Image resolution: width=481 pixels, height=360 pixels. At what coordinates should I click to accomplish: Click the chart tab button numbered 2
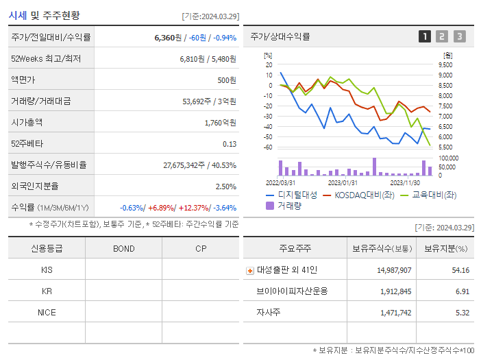click(x=442, y=36)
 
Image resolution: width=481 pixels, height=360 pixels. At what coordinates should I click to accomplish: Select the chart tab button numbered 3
click(x=459, y=36)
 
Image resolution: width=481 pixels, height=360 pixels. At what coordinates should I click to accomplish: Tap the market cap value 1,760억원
click(x=221, y=123)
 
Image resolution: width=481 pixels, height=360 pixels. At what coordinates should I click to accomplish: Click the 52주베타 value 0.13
click(x=230, y=144)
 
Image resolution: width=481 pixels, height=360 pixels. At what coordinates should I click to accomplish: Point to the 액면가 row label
click(x=24, y=80)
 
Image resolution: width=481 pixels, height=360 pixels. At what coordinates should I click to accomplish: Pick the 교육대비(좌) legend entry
click(x=429, y=195)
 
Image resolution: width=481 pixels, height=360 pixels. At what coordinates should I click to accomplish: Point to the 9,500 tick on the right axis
click(x=446, y=64)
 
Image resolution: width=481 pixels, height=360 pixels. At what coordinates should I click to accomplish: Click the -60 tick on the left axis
click(x=268, y=147)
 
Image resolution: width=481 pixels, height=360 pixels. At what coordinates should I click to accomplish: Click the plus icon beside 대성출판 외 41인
click(x=249, y=270)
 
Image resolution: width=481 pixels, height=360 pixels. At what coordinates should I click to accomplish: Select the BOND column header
click(x=124, y=248)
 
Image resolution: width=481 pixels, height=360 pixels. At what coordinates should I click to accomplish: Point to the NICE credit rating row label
click(x=47, y=312)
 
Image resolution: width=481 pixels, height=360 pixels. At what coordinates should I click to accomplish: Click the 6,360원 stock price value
click(x=169, y=38)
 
